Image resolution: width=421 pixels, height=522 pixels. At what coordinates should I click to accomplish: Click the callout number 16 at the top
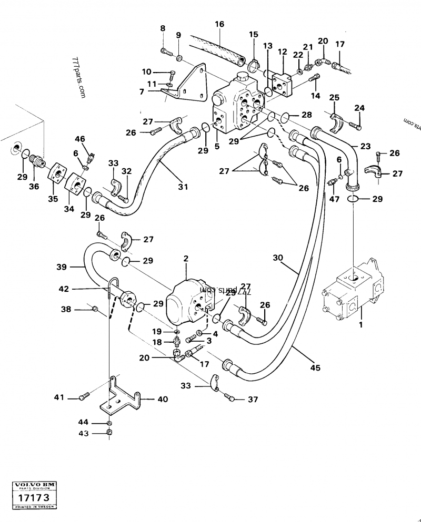click(x=219, y=24)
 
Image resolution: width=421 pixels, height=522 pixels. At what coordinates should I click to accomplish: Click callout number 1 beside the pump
click(x=360, y=325)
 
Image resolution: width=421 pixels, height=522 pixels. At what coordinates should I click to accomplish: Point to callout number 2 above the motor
click(x=185, y=258)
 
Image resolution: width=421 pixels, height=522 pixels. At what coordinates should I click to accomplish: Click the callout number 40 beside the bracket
click(x=163, y=400)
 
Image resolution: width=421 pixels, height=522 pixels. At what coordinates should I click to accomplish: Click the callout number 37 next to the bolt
click(x=253, y=400)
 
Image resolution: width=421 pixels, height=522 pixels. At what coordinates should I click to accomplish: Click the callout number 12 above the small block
click(x=283, y=52)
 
